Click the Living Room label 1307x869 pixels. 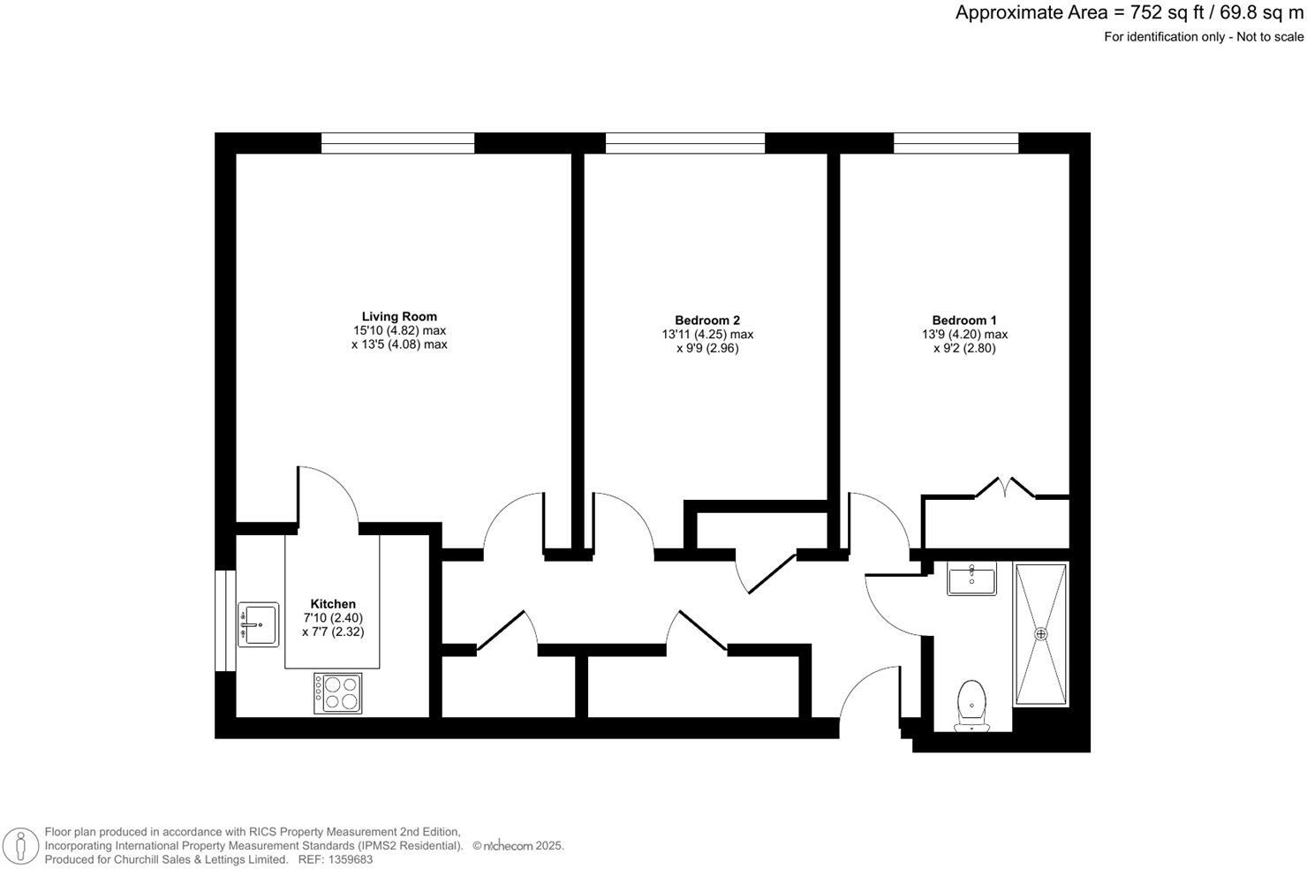coord(399,316)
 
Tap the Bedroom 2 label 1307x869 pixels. coord(706,321)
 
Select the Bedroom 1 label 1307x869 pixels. coord(964,321)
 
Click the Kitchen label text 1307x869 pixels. coord(333,604)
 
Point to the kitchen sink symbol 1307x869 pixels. coord(258,624)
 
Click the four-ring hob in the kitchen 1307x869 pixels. coord(338,692)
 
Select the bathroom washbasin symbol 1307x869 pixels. coord(971,579)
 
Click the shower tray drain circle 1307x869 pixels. coord(1040,634)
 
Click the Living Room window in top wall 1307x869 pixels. coord(397,143)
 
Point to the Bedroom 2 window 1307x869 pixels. coord(684,143)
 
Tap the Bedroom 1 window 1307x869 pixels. coord(956,143)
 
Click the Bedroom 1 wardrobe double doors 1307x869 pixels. coord(1005,487)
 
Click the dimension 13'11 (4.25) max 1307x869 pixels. coord(706,335)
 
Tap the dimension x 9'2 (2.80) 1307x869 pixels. coord(964,348)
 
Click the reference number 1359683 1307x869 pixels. coord(349,859)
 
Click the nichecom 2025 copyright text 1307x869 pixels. coord(518,846)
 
